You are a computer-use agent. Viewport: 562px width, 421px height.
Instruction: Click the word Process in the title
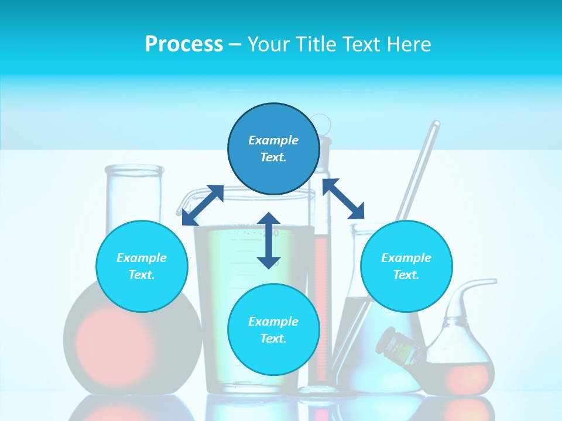(x=184, y=44)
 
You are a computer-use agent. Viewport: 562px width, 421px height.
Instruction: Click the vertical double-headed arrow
(x=269, y=240)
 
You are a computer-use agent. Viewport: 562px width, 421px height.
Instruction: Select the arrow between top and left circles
(x=203, y=205)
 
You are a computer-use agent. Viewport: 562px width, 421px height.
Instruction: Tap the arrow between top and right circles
(x=343, y=199)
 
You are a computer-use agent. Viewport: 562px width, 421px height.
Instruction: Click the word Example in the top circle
(x=273, y=140)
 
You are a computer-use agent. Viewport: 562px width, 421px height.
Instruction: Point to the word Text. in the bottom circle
(x=273, y=339)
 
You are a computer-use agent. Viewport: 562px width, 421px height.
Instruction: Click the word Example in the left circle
(x=142, y=258)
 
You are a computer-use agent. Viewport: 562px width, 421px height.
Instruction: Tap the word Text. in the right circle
(x=406, y=275)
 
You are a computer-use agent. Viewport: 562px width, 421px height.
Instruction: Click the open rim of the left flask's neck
(x=134, y=170)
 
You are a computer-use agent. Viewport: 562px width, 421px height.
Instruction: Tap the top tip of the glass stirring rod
(x=436, y=124)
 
